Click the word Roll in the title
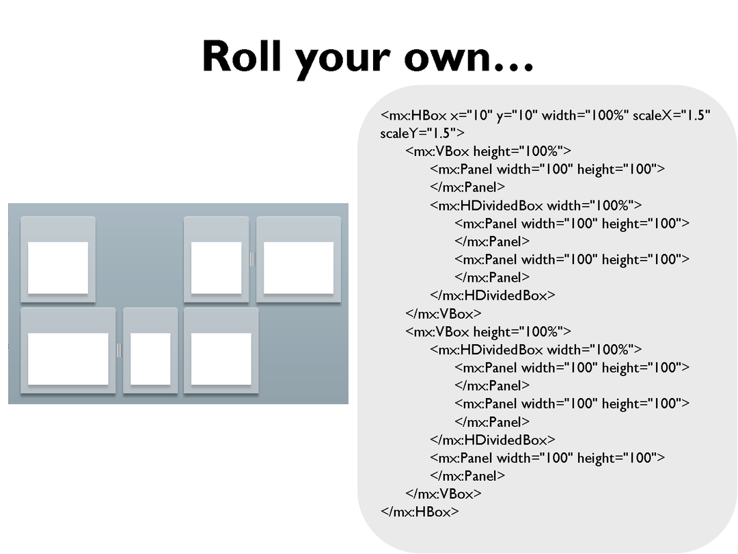tap(243, 56)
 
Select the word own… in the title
tap(468, 57)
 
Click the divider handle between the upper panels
tap(252, 259)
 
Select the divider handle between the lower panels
tap(119, 350)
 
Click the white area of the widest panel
tap(68, 358)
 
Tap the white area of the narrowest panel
tap(150, 358)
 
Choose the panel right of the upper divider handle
tap(299, 267)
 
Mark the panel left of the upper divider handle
tap(216, 267)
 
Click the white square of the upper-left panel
tap(58, 267)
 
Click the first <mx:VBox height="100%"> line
tap(488, 151)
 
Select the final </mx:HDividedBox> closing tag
tap(493, 440)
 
